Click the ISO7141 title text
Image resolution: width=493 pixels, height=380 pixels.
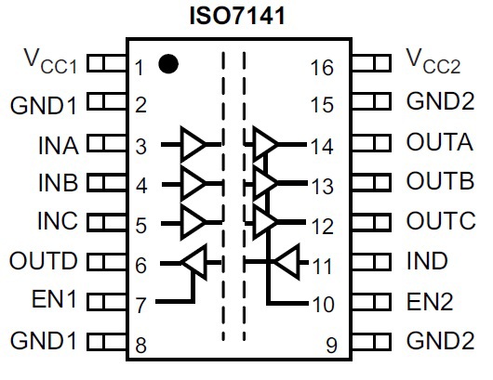pos(238,16)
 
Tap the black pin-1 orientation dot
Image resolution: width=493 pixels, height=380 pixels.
pos(168,64)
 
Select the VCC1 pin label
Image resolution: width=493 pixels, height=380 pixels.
pos(50,61)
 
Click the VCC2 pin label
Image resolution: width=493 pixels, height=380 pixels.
pos(433,61)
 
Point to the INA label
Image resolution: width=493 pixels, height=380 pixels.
pos(59,145)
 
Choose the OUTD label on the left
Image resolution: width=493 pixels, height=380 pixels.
pos(44,261)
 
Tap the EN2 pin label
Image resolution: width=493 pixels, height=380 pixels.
pos(430,301)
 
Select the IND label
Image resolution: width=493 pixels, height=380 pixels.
pos(427,261)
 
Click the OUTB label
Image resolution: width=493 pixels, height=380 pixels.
pos(440,180)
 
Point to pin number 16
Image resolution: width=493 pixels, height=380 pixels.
pos(322,68)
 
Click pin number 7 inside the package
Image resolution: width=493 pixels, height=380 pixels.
pos(140,305)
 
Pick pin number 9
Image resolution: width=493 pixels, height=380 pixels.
pos(331,345)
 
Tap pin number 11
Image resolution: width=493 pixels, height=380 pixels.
pos(322,267)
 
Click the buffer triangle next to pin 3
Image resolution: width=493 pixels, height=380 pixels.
pos(193,144)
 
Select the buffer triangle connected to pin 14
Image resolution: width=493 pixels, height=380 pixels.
pos(265,144)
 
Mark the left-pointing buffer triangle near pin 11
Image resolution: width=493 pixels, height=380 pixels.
pos(286,262)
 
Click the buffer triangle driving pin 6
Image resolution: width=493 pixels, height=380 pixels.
pos(194,262)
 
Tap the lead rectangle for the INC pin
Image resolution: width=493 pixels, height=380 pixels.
pos(107,222)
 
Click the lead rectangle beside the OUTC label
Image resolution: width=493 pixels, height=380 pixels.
pos(372,222)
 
